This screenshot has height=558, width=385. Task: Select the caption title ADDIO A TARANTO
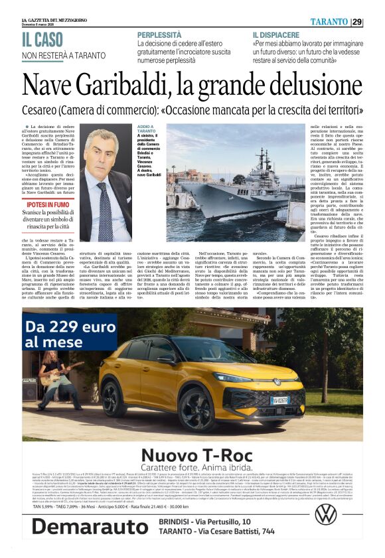145,130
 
